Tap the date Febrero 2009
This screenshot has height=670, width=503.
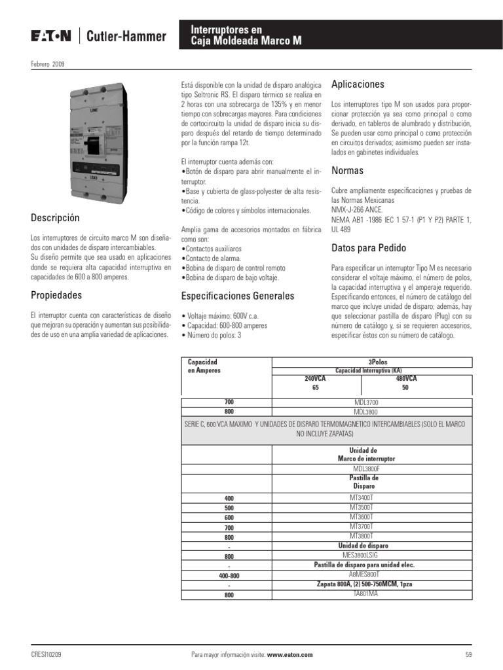[47, 63]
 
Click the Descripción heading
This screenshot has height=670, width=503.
[55, 217]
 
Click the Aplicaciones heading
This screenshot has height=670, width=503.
[358, 84]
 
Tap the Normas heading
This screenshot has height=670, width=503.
[347, 171]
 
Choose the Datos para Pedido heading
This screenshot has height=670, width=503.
[369, 248]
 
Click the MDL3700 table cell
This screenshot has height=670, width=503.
[365, 402]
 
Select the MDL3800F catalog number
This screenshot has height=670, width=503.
[365, 468]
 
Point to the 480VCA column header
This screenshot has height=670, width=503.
[406, 378]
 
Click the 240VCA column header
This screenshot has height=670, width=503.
[315, 378]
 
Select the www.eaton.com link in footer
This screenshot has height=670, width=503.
[289, 654]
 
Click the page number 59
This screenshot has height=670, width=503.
[468, 654]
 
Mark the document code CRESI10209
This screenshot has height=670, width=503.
[47, 654]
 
